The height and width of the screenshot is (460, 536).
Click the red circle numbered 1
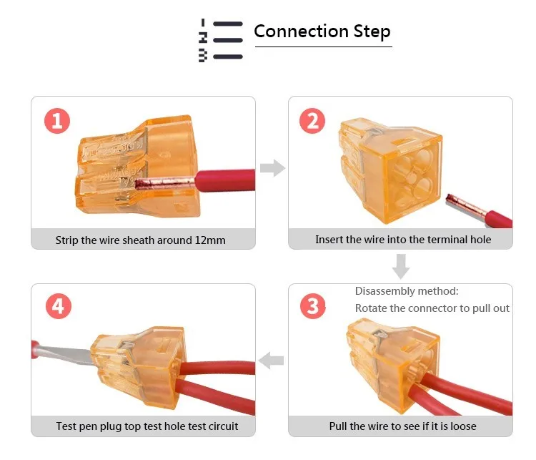tap(57, 120)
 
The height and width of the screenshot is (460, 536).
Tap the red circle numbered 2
tap(312, 120)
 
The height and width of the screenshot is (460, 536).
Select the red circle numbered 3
tap(312, 307)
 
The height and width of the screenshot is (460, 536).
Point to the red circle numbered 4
tap(57, 307)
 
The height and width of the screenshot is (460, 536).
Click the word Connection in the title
tap(291, 31)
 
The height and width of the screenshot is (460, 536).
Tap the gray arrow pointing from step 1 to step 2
tap(272, 169)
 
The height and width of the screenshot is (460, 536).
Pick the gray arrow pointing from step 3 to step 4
tap(272, 361)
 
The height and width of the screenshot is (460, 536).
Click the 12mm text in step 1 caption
tap(210, 240)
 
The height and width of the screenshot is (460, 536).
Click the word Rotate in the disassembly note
tap(372, 308)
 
